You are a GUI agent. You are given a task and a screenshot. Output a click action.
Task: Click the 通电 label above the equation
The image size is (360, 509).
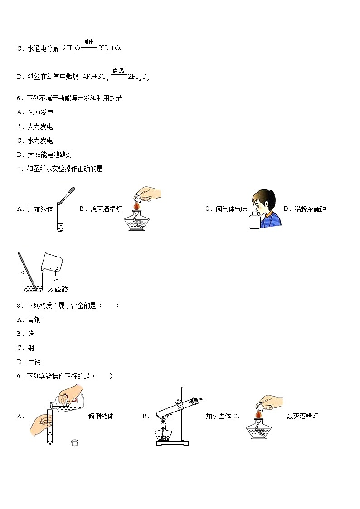(x=89, y=42)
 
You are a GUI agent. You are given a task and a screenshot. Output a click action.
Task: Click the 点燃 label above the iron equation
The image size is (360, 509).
(x=118, y=70)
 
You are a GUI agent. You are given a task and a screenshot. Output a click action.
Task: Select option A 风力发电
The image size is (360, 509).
(x=35, y=112)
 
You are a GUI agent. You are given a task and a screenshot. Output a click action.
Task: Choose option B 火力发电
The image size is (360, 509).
(x=35, y=126)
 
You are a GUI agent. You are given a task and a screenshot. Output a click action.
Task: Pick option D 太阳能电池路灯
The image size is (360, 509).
(x=44, y=155)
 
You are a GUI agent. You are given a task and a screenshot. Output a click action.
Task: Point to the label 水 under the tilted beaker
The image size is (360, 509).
(x=56, y=281)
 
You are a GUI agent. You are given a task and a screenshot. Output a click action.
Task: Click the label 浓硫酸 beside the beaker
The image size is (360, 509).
(x=58, y=289)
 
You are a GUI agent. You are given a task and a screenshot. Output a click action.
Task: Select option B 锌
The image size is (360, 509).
(x=27, y=334)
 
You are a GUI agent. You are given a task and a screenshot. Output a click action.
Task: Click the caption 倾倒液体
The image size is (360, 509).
(x=101, y=416)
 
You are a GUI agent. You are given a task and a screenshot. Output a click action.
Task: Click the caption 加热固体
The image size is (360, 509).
(x=218, y=416)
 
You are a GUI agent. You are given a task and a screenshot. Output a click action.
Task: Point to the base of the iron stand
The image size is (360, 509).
(x=172, y=443)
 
